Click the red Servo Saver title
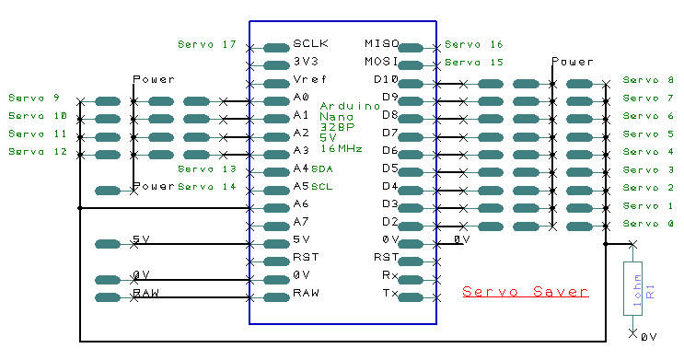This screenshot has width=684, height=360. (x=525, y=292)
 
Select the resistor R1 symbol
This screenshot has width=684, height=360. (x=632, y=288)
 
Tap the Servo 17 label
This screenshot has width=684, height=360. (x=206, y=44)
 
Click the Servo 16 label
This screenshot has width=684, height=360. (x=474, y=44)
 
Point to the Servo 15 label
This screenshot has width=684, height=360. (x=474, y=63)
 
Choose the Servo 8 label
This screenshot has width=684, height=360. (x=648, y=80)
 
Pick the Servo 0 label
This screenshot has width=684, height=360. (x=648, y=224)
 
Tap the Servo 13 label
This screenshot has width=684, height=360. (x=206, y=169)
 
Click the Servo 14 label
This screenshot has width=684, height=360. (x=206, y=187)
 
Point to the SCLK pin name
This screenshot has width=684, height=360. (x=310, y=44)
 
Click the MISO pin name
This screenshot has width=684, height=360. (x=382, y=44)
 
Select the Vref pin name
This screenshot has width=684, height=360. (x=308, y=80)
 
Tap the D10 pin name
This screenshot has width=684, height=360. (x=386, y=80)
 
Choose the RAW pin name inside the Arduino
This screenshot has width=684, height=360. (x=306, y=294)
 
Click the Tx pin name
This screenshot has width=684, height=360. (x=389, y=294)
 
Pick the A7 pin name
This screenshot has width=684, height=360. (x=301, y=223)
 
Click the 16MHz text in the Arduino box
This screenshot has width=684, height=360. (x=341, y=148)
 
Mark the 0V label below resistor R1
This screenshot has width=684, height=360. (x=648, y=338)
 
